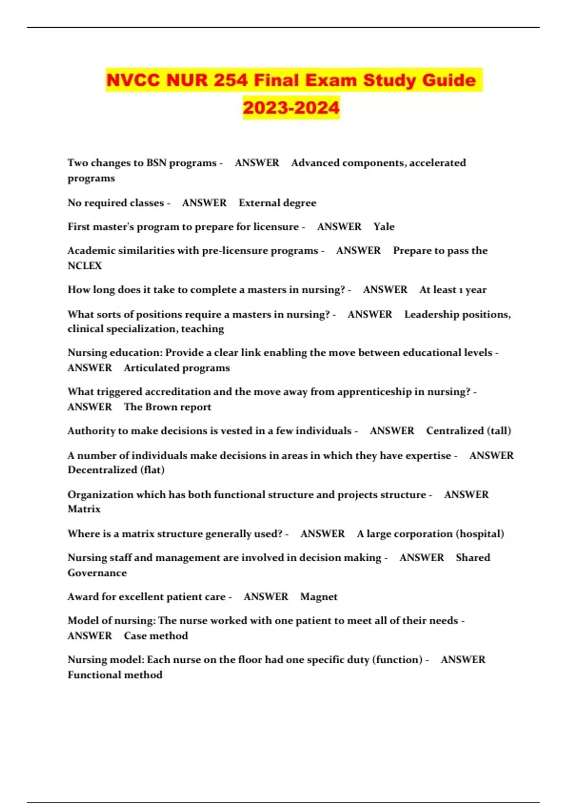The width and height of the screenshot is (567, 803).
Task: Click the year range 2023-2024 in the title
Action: [x=291, y=108]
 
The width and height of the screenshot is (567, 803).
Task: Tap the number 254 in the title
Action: [x=230, y=80]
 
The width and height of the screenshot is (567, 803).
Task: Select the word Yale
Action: [x=384, y=227]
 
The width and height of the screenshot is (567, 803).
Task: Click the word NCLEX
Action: [x=85, y=265]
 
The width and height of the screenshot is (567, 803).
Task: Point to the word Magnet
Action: [x=319, y=597]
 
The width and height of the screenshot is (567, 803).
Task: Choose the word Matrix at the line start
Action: [x=84, y=509]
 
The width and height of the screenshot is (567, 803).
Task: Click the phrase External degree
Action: [x=277, y=203]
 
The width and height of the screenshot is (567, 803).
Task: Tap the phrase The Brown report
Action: [x=167, y=407]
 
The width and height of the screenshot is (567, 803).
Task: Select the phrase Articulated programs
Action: [x=177, y=368]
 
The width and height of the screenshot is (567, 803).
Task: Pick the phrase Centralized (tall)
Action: [x=468, y=431]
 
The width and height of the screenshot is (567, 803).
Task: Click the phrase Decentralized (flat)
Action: [x=116, y=470]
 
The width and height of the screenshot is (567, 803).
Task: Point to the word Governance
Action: [x=97, y=573]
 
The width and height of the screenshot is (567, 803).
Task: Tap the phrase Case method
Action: [x=156, y=636]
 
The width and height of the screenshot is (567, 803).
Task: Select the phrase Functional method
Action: [x=115, y=675]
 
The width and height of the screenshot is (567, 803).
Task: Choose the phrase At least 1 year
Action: [x=453, y=290]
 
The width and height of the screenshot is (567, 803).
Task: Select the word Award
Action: [x=83, y=597]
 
